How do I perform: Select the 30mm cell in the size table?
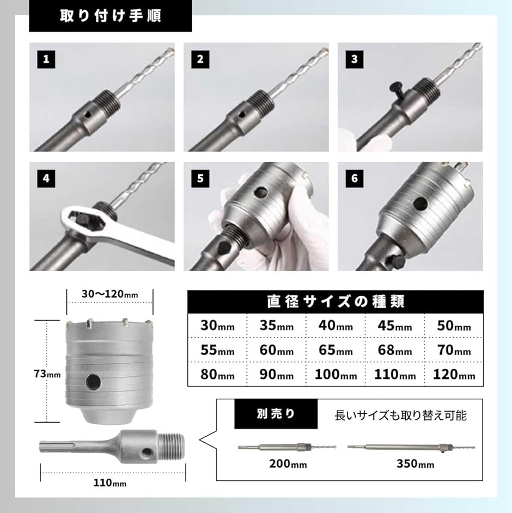point(217,326)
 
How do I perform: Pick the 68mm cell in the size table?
point(394,351)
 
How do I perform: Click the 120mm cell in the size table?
point(453,375)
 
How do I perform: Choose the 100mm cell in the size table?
point(335,375)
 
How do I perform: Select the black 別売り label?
point(267,414)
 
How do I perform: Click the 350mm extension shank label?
point(415,464)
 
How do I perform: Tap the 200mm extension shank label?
point(288,464)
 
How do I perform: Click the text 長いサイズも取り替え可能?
point(400,416)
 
